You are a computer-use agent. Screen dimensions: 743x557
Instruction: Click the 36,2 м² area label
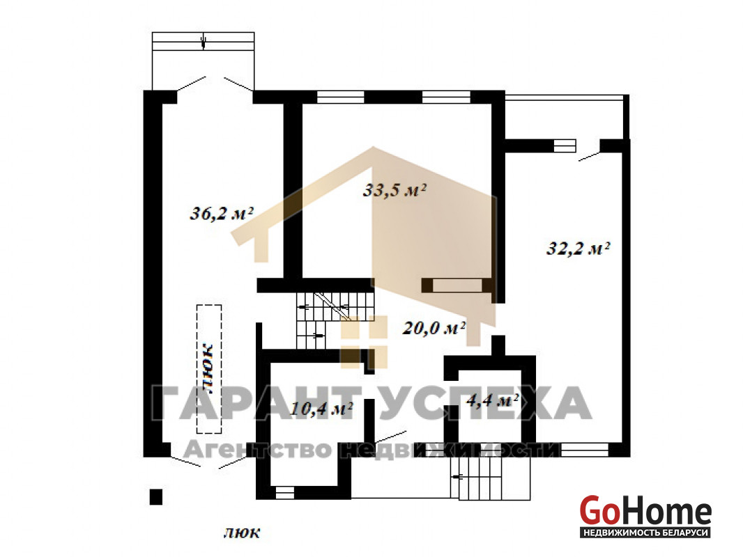click(x=221, y=214)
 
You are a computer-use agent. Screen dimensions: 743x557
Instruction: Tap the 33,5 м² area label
click(x=395, y=190)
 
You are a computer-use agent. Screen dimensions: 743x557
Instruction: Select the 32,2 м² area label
click(x=578, y=248)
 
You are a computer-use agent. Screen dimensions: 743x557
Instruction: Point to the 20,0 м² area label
click(x=434, y=327)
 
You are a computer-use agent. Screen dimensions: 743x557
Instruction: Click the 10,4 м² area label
click(x=321, y=409)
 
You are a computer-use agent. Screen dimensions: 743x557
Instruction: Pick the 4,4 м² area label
click(x=493, y=400)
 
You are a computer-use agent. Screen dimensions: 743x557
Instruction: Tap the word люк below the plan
click(x=242, y=533)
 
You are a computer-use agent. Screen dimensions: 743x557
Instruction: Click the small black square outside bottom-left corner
click(x=156, y=497)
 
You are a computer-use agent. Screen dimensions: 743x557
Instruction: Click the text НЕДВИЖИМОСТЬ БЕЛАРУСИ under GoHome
click(x=646, y=533)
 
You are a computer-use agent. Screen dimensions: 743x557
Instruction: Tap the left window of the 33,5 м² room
click(x=340, y=97)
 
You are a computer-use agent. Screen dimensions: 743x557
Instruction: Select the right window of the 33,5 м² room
click(x=446, y=97)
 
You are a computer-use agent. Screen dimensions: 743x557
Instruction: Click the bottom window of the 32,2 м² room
click(x=584, y=449)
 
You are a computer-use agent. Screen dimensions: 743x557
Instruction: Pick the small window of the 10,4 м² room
click(x=285, y=493)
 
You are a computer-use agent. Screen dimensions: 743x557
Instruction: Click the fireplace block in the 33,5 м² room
click(x=457, y=285)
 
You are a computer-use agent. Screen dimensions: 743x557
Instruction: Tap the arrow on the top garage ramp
click(x=204, y=42)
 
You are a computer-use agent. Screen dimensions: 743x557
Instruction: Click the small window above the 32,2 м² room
click(x=565, y=146)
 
